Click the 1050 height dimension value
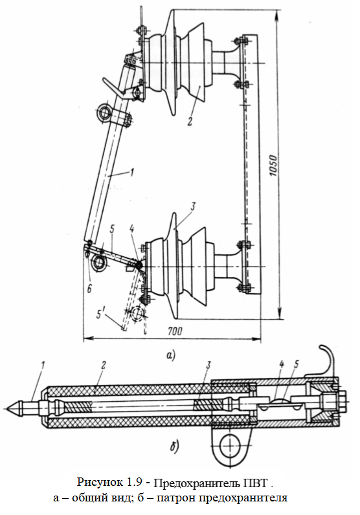pos(273,165)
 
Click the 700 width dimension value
pos(175,331)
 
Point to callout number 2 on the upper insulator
pos(190,121)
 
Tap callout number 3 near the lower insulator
pos(193,206)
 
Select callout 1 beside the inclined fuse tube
pos(132,173)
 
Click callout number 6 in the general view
pos(89,289)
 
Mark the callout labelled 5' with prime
pos(101,314)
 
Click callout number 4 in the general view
pos(132,229)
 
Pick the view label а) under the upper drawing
pos(171,355)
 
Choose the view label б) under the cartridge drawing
pos(174,446)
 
